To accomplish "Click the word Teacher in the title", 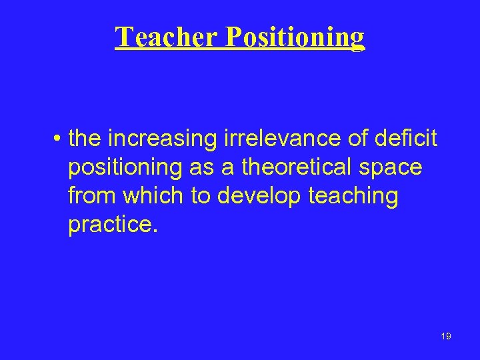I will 167,37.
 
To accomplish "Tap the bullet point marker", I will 59,139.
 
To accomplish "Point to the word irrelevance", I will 263,139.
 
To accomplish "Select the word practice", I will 111,225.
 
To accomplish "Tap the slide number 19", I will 446,336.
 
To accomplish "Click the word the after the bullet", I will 85,139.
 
